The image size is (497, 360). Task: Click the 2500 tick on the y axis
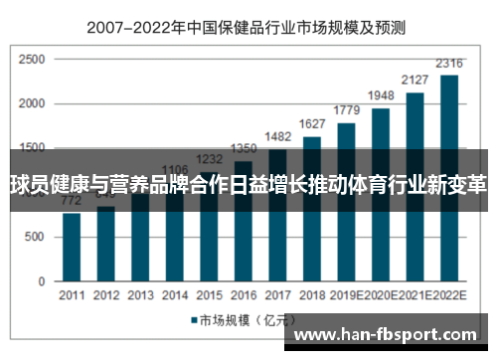tap(32, 61)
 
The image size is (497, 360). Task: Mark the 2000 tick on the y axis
tap(32, 104)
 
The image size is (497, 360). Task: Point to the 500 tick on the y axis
tap(36, 237)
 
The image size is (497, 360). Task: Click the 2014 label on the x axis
tap(175, 295)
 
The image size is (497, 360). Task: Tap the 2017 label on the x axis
tap(278, 295)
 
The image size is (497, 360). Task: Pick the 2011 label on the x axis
tap(72, 295)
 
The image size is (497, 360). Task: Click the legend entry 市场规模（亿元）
tap(239, 320)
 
